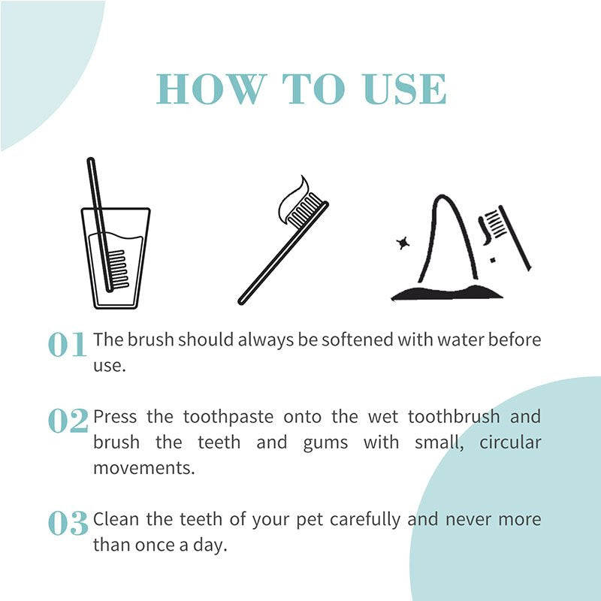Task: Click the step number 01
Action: tap(68, 345)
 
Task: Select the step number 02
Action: tap(68, 421)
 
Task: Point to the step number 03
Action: tap(68, 524)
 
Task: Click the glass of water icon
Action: tap(115, 259)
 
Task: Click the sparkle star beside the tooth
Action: tap(403, 243)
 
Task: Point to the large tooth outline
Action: tap(444, 240)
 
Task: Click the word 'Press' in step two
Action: tap(114, 416)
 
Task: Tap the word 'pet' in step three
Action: tap(311, 519)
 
